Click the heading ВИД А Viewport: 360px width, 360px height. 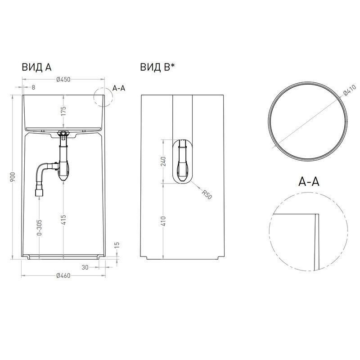coord(36,67)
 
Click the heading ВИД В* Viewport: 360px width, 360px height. coord(157,67)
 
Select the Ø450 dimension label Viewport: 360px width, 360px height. coord(63,80)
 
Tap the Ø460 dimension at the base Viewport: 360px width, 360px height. coord(63,275)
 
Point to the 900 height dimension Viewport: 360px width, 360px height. coord(13,177)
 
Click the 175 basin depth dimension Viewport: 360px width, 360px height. coord(63,111)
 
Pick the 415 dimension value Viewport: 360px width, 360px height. coord(63,220)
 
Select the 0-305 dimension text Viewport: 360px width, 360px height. coord(40,228)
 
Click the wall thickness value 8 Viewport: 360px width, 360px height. coord(33,87)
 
